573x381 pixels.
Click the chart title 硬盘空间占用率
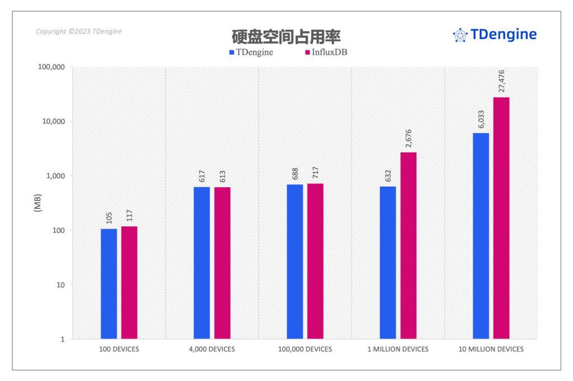click(286, 36)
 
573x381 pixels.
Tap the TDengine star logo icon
click(459, 35)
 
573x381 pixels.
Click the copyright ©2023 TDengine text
click(79, 31)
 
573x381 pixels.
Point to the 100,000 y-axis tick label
click(50, 67)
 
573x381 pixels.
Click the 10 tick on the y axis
click(60, 285)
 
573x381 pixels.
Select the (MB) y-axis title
click(38, 203)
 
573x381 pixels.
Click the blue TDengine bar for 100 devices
click(109, 284)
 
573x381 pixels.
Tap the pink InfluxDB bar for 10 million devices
click(501, 218)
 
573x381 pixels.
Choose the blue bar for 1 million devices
click(388, 263)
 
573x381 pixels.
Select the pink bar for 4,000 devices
click(222, 263)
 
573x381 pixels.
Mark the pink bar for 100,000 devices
click(315, 261)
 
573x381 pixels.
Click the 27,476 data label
click(501, 82)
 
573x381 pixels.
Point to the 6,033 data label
click(481, 118)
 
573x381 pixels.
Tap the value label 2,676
click(408, 139)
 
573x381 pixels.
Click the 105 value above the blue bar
click(109, 217)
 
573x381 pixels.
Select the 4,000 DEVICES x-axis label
click(212, 350)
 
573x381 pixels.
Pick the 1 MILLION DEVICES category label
click(398, 350)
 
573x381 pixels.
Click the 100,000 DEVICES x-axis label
click(305, 350)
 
